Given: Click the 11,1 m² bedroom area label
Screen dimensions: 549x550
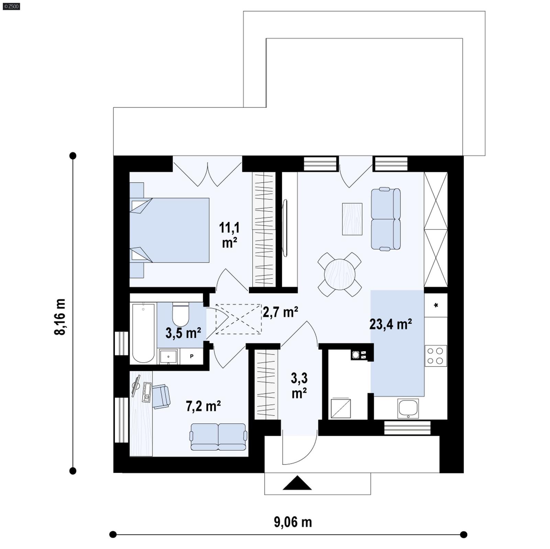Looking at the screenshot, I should pos(229,235).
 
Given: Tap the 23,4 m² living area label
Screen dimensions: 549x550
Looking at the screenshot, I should pos(390,324).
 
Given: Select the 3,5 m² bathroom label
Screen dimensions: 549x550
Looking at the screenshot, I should pos(183,333).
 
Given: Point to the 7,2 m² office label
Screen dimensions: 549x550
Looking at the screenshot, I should pos(203,406).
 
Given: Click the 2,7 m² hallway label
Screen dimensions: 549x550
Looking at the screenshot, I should pos(280,312).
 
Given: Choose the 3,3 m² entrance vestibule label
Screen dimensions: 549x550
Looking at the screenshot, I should pos(299,386).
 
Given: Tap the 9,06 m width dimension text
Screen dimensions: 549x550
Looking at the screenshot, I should pos(293,522).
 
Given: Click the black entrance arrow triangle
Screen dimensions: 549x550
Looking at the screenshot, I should pos(297,483).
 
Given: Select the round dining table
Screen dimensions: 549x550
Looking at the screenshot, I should pos(339,274).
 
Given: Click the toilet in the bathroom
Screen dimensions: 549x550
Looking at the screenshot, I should pos(180,315).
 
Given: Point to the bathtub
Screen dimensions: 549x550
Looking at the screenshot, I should pos(143,333).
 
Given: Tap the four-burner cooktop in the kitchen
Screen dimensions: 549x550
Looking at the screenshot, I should pos(436,356).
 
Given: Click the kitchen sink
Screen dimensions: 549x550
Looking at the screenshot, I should pos(408,408).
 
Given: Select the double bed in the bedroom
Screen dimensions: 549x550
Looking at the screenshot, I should pos(170,230).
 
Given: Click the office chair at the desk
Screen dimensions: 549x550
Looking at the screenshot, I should pos(161,397).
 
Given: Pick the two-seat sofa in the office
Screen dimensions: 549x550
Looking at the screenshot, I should pos(218,437).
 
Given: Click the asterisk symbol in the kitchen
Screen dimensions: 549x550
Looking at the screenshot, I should pos(436,305).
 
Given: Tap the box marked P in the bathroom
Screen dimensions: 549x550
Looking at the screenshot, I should pos(191,356).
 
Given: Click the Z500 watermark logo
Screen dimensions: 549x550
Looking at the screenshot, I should pos(11,6).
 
